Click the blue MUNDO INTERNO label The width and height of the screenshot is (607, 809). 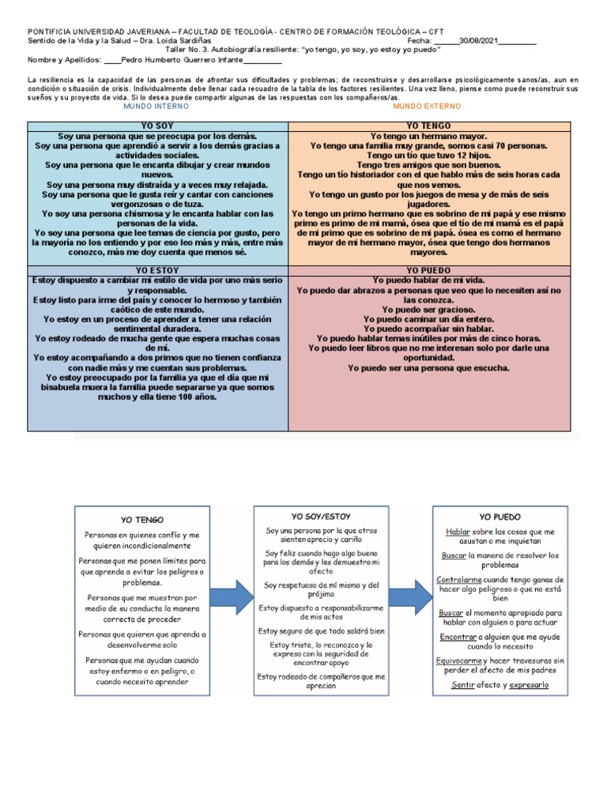tap(156, 105)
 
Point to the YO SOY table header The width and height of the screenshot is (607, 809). tap(157, 126)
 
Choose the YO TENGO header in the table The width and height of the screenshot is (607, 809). tap(428, 126)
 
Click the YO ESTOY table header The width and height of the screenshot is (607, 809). tap(157, 270)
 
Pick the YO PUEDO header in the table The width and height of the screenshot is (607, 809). tap(428, 270)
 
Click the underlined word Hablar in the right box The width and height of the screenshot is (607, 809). tap(458, 532)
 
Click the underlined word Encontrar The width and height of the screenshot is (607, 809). tap(458, 636)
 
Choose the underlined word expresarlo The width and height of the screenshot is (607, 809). tap(530, 685)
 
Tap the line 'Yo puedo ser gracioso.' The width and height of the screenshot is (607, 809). tap(428, 310)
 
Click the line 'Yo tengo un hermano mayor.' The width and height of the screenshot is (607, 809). tap(428, 136)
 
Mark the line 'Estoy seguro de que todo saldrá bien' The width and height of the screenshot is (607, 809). tap(320, 631)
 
